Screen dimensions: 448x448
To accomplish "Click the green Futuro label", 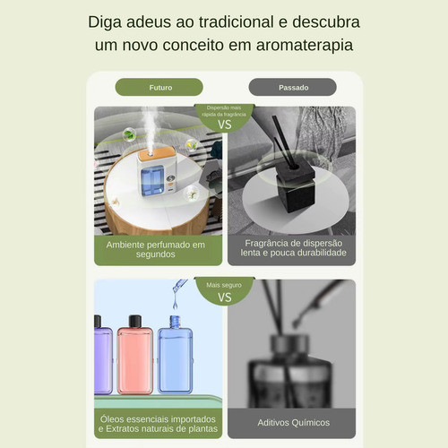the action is tap(159, 87).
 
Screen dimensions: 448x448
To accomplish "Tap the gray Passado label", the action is tap(292, 87).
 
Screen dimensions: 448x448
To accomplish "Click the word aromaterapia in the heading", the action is tap(305, 46).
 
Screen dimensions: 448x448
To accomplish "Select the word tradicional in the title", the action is tap(237, 22).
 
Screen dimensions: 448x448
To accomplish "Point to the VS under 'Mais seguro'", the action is tap(225, 297).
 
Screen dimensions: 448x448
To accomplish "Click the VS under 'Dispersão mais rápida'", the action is tap(225, 125).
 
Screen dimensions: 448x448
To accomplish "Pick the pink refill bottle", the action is tap(135, 355).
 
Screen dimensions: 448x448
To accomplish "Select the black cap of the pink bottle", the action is tap(135, 321).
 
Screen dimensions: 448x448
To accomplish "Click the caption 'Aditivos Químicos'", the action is tap(294, 423).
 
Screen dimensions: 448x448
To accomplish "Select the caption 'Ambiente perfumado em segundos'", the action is tap(156, 249).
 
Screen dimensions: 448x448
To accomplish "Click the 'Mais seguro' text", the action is tap(224, 285).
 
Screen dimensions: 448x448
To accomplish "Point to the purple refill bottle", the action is tap(103, 355).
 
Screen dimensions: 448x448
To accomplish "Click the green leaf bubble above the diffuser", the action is tap(129, 134).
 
